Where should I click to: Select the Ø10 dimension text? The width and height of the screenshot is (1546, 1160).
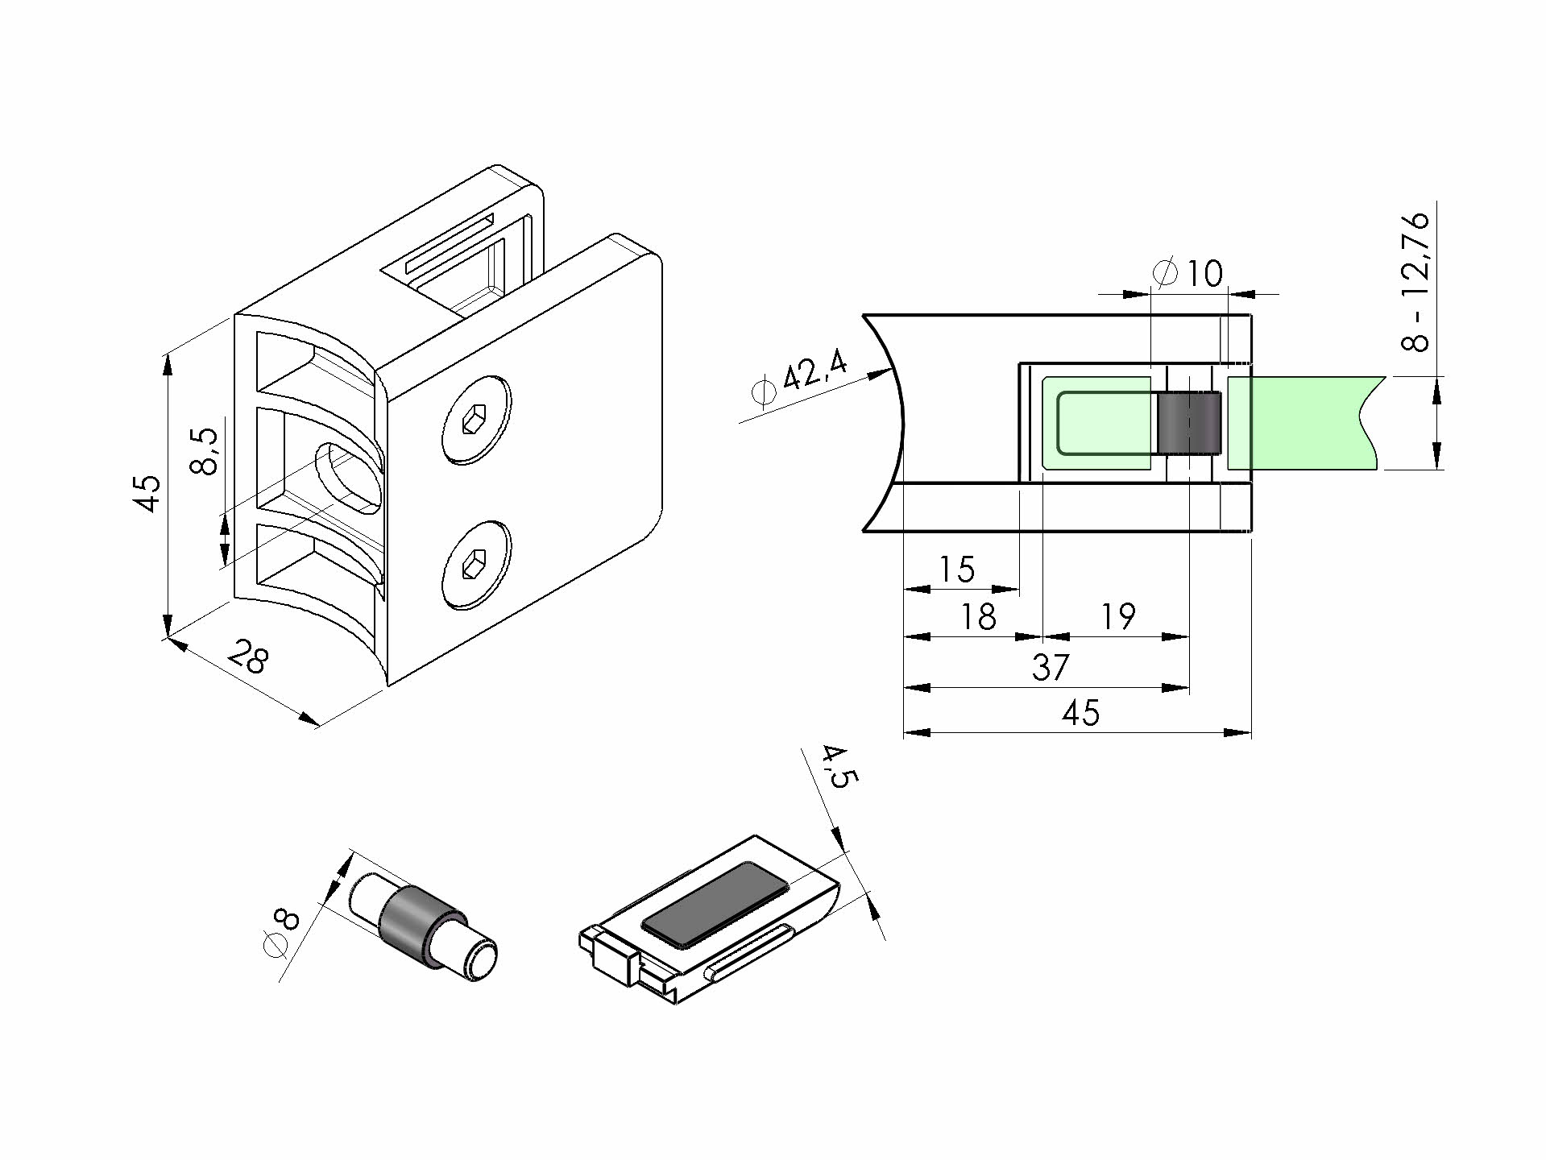point(1187,274)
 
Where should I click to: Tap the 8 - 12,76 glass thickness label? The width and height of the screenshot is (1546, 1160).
point(1415,281)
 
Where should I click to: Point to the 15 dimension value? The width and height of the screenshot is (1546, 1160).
point(957,570)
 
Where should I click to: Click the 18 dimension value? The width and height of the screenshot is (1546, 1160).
point(978,617)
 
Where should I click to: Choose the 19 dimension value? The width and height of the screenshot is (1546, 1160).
point(1117,617)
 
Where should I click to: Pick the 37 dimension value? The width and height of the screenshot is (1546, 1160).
point(1051,667)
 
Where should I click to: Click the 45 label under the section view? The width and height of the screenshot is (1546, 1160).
point(1080,713)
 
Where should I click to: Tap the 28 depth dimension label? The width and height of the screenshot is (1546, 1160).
point(247,657)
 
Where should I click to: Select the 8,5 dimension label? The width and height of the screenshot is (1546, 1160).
point(205,451)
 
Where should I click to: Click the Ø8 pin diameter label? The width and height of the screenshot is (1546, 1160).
point(281,934)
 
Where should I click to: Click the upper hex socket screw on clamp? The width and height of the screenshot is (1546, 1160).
point(477,419)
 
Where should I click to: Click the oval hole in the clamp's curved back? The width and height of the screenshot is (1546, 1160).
point(348,478)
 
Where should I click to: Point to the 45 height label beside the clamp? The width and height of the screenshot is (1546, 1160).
point(147,493)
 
